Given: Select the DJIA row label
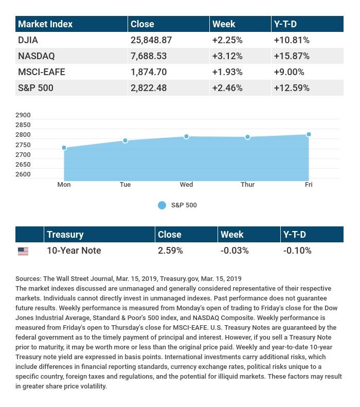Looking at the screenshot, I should (28, 40).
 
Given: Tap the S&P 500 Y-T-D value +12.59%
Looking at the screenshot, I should (291, 88).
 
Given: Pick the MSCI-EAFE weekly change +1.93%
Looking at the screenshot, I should (227, 72).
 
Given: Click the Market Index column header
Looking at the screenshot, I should (45, 24).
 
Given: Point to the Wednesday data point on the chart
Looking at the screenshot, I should (186, 136).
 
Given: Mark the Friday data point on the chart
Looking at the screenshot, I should (309, 134).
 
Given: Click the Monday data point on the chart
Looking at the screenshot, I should (64, 148).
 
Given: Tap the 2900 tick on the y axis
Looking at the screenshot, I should (23, 115).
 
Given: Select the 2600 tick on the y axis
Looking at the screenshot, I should (23, 174).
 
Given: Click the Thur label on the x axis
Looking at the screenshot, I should (247, 185).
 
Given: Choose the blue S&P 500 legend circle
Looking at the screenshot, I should (162, 205).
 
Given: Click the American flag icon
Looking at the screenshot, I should (23, 251).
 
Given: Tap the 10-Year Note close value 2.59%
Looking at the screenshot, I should (170, 251).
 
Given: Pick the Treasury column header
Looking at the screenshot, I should (65, 235).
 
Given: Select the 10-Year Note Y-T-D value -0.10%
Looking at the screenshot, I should (297, 251).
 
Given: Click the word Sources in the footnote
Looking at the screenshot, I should (28, 278).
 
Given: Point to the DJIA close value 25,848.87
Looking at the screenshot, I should (151, 40).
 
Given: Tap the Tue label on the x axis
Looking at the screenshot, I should (125, 185).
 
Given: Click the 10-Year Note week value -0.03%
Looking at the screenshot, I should (235, 251).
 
